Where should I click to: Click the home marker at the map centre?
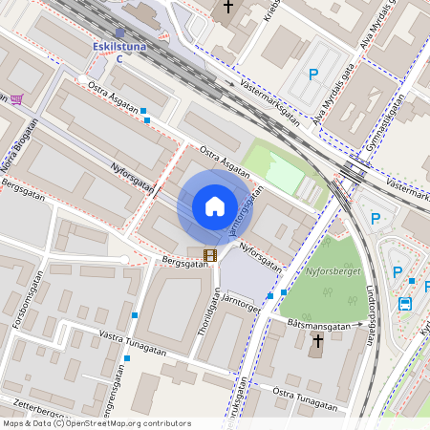click(x=214, y=206)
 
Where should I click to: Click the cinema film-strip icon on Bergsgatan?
click(x=210, y=254)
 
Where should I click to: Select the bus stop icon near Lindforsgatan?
click(x=405, y=304)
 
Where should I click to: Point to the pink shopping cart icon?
click(x=16, y=98)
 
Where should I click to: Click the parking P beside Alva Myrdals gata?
click(x=312, y=74)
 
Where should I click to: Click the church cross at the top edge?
click(x=227, y=8)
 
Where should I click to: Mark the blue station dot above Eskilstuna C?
click(x=119, y=32)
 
